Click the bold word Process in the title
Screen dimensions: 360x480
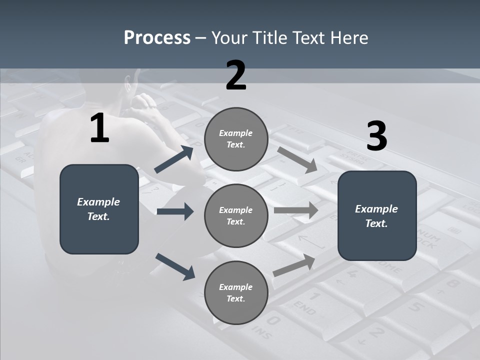(157, 38)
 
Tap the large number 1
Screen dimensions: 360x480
(99, 128)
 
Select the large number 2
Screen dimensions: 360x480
(236, 76)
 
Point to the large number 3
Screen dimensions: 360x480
(376, 136)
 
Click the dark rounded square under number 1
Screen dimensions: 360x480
(99, 209)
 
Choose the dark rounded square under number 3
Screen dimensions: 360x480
(377, 215)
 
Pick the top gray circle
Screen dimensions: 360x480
(236, 138)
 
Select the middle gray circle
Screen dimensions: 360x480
(236, 215)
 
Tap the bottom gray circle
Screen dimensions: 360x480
(236, 292)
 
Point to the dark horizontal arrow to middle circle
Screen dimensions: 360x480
(175, 211)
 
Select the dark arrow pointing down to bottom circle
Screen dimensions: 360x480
(175, 266)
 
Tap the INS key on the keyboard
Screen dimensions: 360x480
(262, 330)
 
